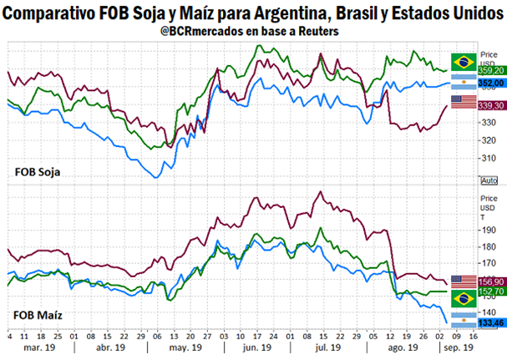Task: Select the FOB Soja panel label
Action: click(x=42, y=172)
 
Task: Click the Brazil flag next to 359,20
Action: click(x=464, y=61)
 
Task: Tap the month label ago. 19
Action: click(x=403, y=347)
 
